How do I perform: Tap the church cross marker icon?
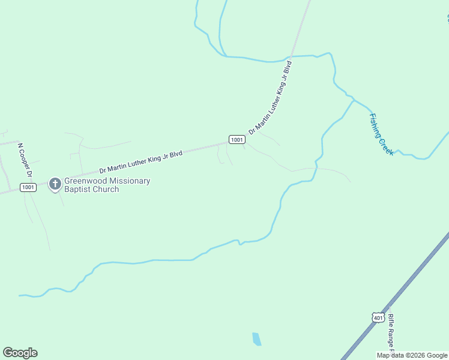pos(55,184)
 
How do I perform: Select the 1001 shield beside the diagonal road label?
pos(237,140)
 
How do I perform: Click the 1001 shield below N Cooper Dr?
pos(28,187)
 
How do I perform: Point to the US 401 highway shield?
pos(377,317)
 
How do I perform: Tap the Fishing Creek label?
pos(381,134)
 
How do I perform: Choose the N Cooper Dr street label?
pos(25,160)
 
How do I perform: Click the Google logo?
pos(20,353)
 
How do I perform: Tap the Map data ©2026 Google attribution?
pos(412,355)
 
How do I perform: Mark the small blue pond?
pos(257,339)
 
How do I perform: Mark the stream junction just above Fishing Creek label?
pos(354,99)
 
